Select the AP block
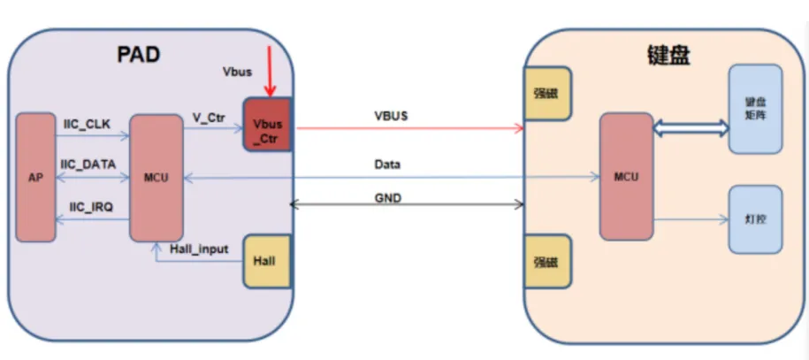pos(34,177)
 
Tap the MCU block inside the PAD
pos(156,177)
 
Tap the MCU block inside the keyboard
pos(626,176)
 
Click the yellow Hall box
pos(268,262)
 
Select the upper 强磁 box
pos(546,93)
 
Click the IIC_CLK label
pos(86,125)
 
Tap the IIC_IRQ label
pos(87,205)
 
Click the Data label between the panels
pos(387,165)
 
